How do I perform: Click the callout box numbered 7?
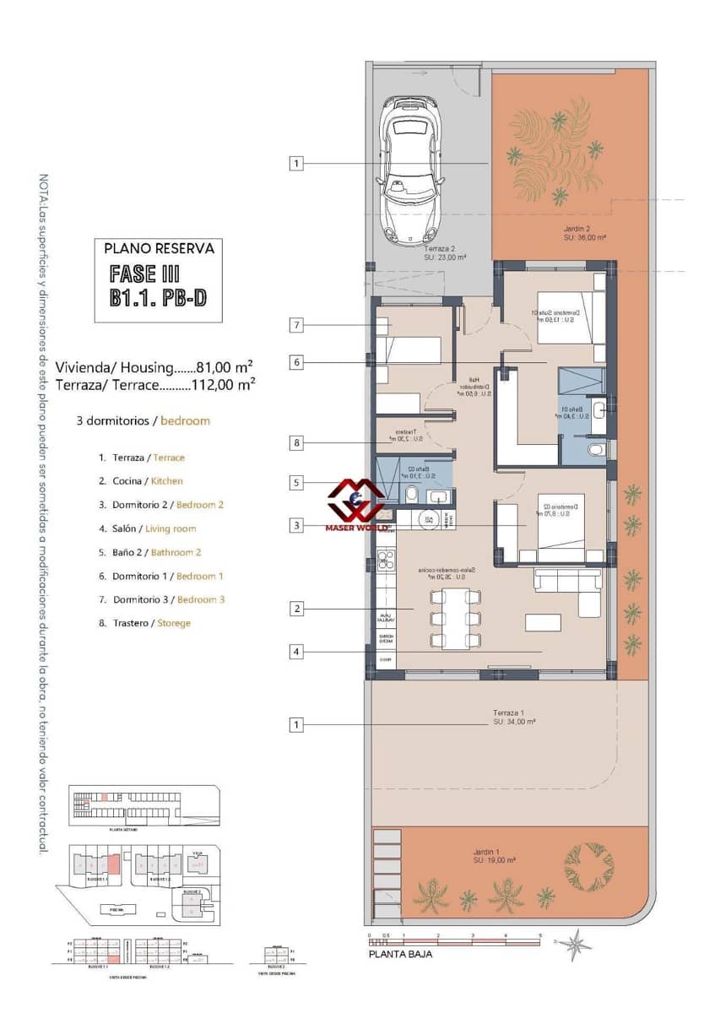(295, 325)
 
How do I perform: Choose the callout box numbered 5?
(295, 484)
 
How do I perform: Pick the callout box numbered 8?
(295, 442)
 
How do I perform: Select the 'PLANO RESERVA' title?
(159, 248)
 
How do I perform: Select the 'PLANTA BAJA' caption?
(401, 954)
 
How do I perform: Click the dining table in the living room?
(456, 619)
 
